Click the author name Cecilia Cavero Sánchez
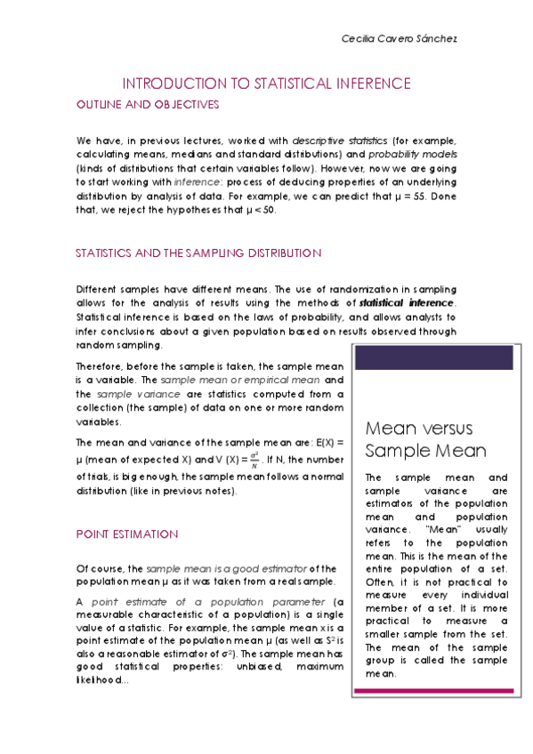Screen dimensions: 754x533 pyautogui.click(x=400, y=40)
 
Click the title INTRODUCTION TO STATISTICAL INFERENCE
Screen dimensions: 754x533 pyautogui.click(x=266, y=84)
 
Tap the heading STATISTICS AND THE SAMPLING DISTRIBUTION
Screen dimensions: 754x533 pyautogui.click(x=198, y=253)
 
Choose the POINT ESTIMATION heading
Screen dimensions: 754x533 pyautogui.click(x=127, y=534)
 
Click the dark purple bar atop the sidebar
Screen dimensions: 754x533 pyautogui.click(x=433, y=357)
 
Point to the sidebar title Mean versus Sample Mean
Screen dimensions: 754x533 pyautogui.click(x=419, y=438)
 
